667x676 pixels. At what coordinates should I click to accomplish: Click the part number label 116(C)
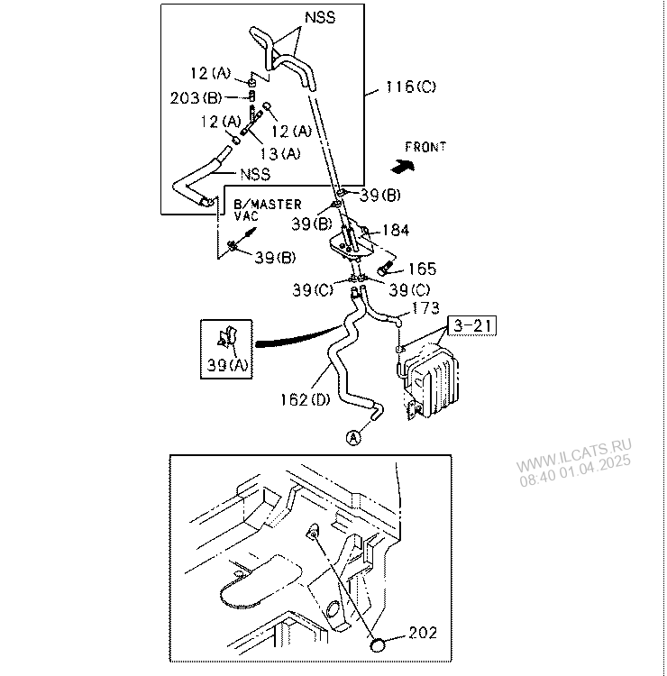(411, 87)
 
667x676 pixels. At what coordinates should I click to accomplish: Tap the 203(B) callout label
(196, 98)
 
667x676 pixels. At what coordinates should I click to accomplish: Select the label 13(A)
(280, 153)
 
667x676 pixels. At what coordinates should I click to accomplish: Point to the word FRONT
(425, 147)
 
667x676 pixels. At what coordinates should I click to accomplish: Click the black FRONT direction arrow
(403, 165)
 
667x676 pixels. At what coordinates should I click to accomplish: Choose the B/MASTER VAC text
(268, 209)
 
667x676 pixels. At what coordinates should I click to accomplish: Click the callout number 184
(396, 230)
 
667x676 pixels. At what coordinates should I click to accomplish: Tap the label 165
(422, 269)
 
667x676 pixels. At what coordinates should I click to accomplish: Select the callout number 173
(425, 308)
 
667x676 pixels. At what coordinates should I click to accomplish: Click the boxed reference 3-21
(472, 325)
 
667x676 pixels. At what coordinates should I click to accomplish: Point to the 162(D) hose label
(306, 399)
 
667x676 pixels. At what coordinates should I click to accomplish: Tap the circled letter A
(353, 438)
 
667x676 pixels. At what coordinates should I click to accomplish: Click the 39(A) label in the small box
(228, 365)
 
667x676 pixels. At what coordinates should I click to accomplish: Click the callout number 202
(423, 633)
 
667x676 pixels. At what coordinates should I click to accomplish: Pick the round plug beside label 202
(379, 645)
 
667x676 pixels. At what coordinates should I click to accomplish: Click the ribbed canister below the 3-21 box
(430, 379)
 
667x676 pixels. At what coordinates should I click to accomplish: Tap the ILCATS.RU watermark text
(574, 461)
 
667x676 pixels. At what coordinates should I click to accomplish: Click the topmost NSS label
(320, 17)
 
